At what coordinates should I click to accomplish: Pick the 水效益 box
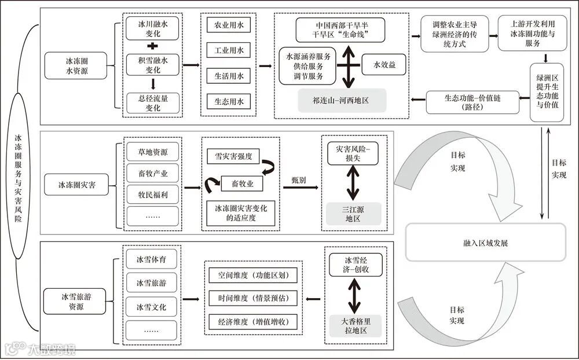(383, 64)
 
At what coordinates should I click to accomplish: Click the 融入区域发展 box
(486, 243)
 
